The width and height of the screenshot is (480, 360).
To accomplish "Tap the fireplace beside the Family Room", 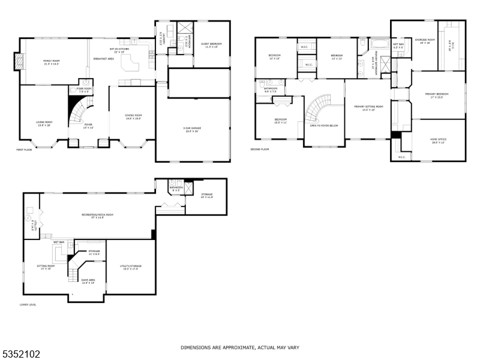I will [x=19, y=61].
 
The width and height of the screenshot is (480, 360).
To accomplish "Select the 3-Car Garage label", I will [x=192, y=128].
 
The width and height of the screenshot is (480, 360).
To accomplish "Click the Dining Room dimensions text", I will [x=133, y=119].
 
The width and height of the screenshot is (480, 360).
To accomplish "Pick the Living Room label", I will [x=44, y=122].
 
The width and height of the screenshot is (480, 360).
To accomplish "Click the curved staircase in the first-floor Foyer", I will [x=76, y=111].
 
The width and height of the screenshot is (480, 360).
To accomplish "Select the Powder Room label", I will [x=80, y=89].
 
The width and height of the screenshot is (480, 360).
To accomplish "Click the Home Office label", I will [x=438, y=139].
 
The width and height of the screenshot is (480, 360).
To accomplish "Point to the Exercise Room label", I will [x=427, y=40].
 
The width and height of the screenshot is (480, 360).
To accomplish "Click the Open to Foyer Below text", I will [x=324, y=125].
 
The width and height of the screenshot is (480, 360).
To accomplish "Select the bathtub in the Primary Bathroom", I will [x=379, y=44].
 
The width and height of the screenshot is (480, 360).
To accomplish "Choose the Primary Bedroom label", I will [x=437, y=94].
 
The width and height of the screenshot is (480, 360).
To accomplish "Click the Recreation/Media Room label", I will [x=98, y=214].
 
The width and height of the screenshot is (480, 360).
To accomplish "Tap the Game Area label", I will [x=88, y=280].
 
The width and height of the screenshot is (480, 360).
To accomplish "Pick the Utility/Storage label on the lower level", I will [x=130, y=266].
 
